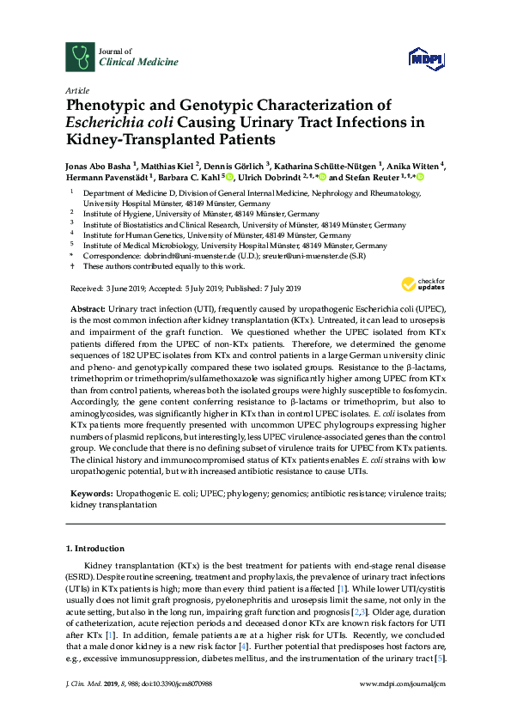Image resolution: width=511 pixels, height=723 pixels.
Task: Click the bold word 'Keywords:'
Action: pyautogui.click(x=89, y=494)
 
